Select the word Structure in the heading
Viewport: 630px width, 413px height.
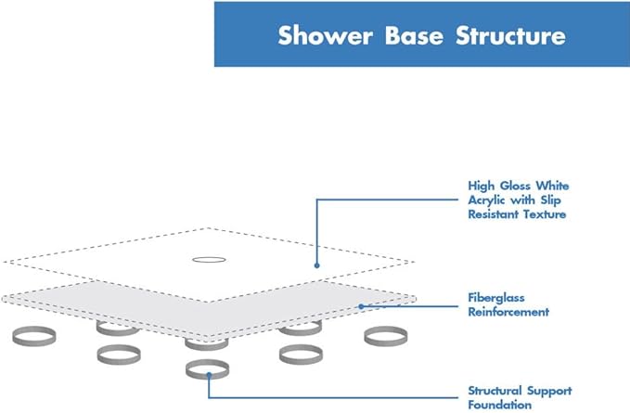tap(510, 37)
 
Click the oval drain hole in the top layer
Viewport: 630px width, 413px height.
tap(208, 260)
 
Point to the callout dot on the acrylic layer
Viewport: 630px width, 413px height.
tap(316, 265)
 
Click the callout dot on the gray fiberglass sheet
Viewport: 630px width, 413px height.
tap(360, 305)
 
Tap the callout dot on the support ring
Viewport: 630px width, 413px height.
tap(211, 374)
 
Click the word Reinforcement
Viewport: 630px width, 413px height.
tap(508, 312)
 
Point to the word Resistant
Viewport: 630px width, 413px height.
tap(494, 213)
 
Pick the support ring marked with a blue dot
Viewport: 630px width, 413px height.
tap(208, 369)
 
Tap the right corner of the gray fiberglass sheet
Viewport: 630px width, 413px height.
tap(412, 298)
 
